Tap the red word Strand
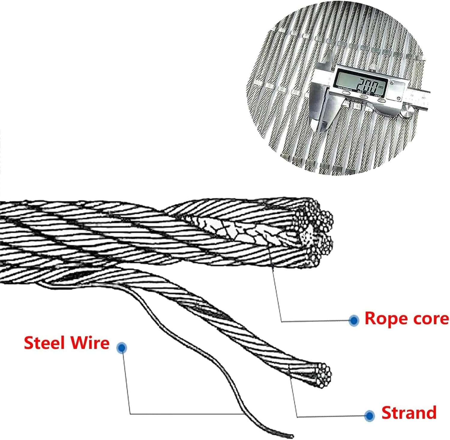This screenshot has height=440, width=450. point(409,413)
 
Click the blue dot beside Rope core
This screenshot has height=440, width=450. point(354,320)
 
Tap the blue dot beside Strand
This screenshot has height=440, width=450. point(370,415)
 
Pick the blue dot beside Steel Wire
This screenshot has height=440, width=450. point(121,348)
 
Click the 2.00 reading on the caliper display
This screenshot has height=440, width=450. point(367,86)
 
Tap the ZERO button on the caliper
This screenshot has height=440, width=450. point(381,100)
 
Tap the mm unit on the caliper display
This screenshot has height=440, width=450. point(381,87)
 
